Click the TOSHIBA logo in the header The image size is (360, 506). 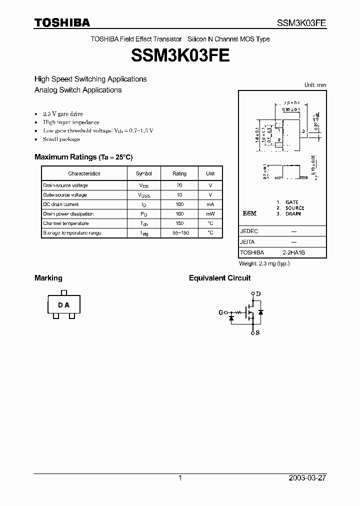click(62, 22)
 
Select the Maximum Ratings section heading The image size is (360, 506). click(83, 157)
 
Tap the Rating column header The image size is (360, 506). click(179, 173)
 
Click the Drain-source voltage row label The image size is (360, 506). click(65, 185)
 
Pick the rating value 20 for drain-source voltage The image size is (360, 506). click(179, 185)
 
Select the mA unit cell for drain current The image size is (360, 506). click(210, 204)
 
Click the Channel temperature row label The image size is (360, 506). click(65, 223)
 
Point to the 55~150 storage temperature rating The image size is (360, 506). click(179, 233)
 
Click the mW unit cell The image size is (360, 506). click(210, 214)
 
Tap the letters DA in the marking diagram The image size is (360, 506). click(63, 305)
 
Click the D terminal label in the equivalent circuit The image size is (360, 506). click(258, 293)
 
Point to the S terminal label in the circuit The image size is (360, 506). click(258, 332)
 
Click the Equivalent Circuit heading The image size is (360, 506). click(219, 278)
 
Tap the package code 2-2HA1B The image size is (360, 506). click(293, 253)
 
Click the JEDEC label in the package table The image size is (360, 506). click(249, 232)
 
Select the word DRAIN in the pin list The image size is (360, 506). click(293, 214)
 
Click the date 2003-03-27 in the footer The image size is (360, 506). click(307, 478)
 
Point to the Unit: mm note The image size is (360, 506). click(315, 85)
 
